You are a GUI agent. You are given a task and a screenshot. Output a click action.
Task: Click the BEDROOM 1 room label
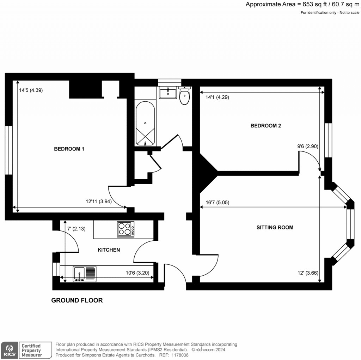point(69,149)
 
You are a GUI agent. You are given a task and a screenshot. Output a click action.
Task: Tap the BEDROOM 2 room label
point(265,126)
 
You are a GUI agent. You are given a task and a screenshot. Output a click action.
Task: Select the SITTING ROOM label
point(275,227)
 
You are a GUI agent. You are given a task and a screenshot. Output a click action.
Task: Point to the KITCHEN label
point(109,250)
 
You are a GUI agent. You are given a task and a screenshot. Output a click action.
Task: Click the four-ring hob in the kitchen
point(126,229)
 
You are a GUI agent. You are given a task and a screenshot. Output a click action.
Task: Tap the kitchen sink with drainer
point(85,274)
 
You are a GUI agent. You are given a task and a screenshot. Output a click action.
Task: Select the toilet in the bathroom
point(184,96)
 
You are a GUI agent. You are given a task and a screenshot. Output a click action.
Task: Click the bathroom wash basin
point(168,93)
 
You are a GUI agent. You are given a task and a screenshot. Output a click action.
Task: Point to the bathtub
point(145,124)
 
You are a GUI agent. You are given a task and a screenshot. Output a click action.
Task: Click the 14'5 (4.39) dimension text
point(31,90)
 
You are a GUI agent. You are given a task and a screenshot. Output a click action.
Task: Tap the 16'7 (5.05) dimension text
point(217,203)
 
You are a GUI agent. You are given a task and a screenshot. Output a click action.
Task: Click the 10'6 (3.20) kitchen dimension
point(137,272)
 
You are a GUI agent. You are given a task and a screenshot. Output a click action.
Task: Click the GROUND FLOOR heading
point(77,300)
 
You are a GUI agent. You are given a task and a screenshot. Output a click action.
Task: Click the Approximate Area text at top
point(302,4)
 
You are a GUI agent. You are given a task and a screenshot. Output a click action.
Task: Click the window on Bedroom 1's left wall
point(9,150)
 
